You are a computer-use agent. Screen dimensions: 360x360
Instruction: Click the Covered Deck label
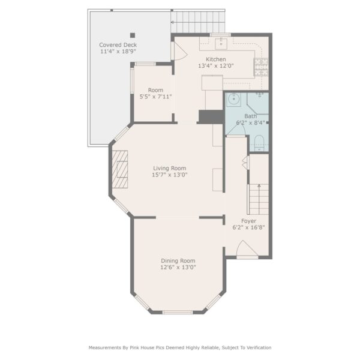(x=118, y=45)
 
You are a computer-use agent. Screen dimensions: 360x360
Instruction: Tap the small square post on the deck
(x=133, y=35)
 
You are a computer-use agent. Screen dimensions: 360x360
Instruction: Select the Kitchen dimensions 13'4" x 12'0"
(x=216, y=66)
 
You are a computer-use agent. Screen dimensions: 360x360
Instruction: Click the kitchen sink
(x=221, y=44)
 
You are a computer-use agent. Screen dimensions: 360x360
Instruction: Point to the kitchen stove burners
(x=261, y=67)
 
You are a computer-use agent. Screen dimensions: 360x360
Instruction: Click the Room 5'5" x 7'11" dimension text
(x=155, y=97)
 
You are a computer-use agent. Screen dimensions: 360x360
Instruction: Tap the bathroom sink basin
(x=234, y=100)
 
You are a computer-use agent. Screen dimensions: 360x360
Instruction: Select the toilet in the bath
(x=259, y=143)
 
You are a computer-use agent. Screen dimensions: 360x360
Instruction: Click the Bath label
(x=250, y=116)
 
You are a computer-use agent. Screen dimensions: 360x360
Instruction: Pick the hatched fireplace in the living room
(x=119, y=169)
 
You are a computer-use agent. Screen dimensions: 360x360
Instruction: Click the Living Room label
(x=169, y=168)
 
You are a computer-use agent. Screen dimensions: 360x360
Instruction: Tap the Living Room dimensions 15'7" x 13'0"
(x=170, y=175)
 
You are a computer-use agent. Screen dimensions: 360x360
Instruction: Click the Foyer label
(x=248, y=221)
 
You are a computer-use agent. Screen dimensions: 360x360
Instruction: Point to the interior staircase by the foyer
(x=259, y=199)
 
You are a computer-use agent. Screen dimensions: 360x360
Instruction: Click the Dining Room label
(x=178, y=261)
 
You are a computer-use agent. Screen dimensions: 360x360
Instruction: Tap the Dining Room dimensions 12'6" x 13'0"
(x=178, y=268)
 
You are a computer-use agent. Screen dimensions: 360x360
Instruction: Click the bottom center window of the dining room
(x=178, y=312)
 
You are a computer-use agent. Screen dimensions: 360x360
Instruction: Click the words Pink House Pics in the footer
(x=147, y=347)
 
